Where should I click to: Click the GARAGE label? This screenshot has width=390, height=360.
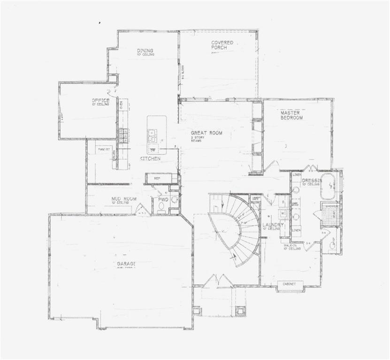pos(126,264)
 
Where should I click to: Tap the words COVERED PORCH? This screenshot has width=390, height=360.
pos(222,45)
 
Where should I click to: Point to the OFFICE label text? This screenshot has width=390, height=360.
pos(100,100)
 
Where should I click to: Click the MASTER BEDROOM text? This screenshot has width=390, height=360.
pos(291,115)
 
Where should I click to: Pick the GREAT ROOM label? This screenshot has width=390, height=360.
pos(206,133)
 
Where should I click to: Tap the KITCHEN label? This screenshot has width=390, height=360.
pos(150,159)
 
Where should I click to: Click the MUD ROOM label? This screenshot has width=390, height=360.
pos(124,199)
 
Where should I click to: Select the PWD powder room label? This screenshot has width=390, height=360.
pos(163,199)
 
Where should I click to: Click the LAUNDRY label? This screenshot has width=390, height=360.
pos(273,225)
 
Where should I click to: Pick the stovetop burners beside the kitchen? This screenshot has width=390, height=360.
pos(123,135)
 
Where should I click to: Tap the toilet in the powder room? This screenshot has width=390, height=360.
pos(161,207)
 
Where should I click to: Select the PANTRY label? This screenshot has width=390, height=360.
pos(104,149)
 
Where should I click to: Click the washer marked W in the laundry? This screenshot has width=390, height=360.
pos(283,212)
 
